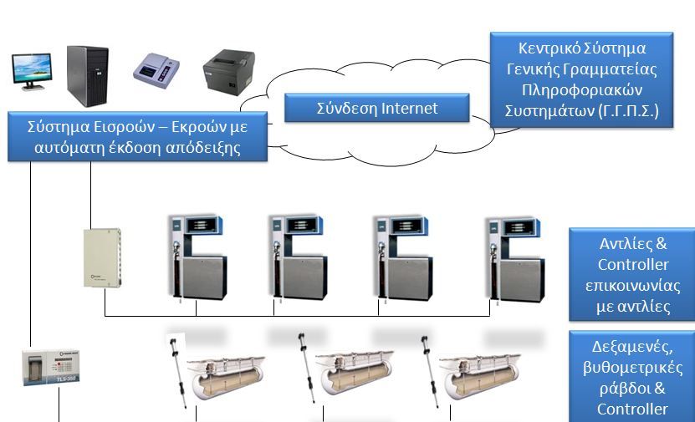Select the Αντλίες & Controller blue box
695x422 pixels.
click(632, 274)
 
